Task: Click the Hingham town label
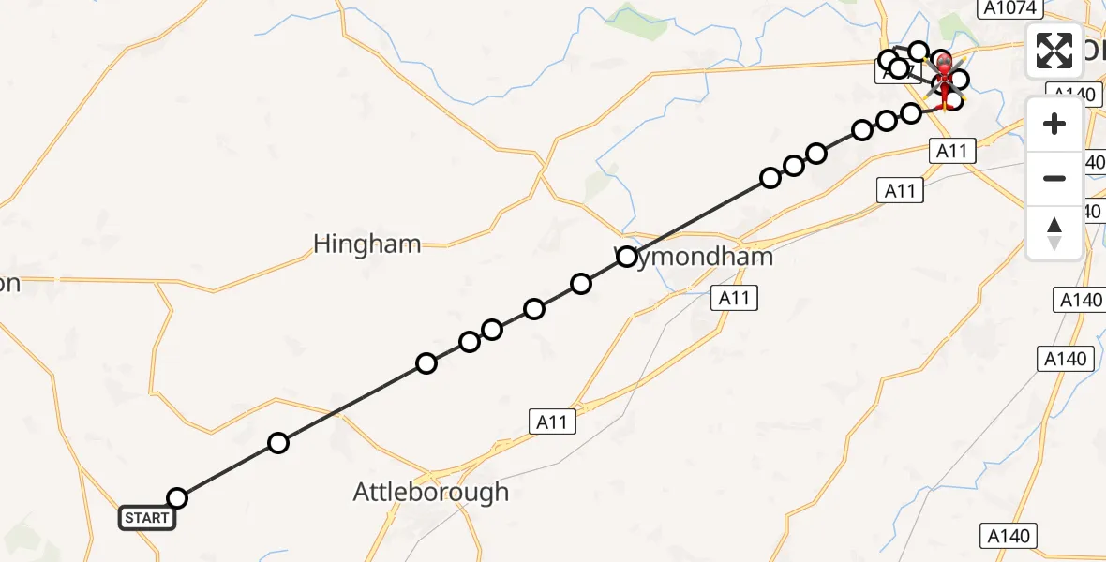pos(366,244)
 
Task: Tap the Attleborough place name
pos(431,492)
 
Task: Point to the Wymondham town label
pos(695,257)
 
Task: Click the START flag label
pos(146,518)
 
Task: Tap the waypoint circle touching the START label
pos(176,498)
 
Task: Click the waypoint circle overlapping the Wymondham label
pos(627,257)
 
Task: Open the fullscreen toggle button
pos(1054,51)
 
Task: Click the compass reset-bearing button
pos(1054,232)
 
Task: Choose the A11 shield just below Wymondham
pos(734,298)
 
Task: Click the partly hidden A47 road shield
pos(887,72)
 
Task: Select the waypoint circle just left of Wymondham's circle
pos(581,284)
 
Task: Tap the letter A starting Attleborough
pos(363,492)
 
